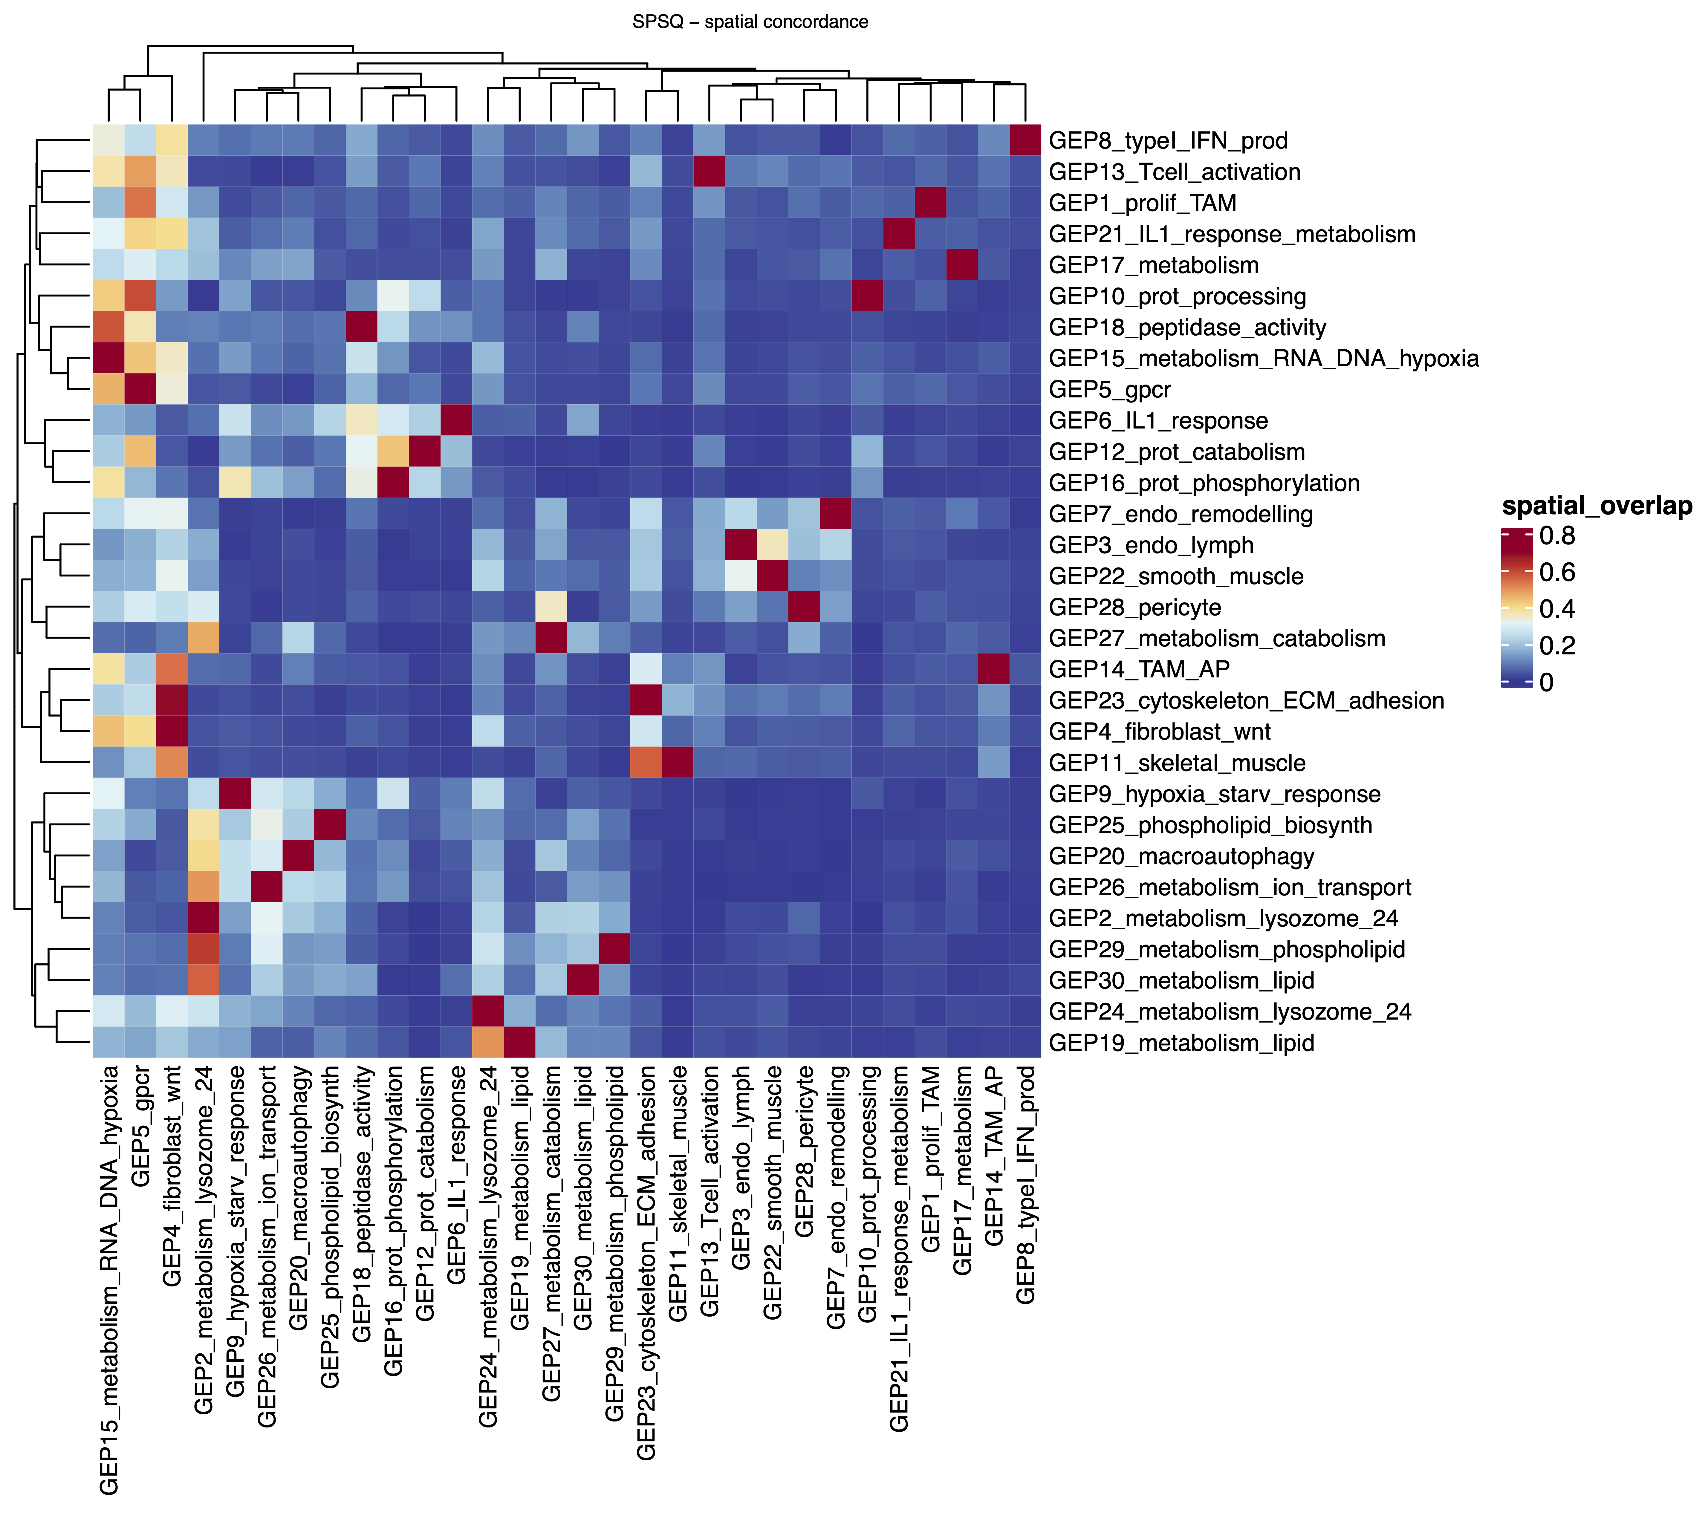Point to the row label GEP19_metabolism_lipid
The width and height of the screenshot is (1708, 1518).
[1182, 1043]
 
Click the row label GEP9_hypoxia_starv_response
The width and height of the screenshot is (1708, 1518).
[1214, 794]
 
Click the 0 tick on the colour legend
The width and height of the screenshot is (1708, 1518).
[1546, 683]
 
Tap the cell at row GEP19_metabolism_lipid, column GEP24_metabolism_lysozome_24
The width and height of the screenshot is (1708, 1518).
[488, 1043]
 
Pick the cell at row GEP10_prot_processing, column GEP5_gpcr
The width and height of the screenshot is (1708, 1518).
[140, 296]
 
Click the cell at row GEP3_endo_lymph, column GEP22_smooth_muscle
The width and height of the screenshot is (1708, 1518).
[772, 545]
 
